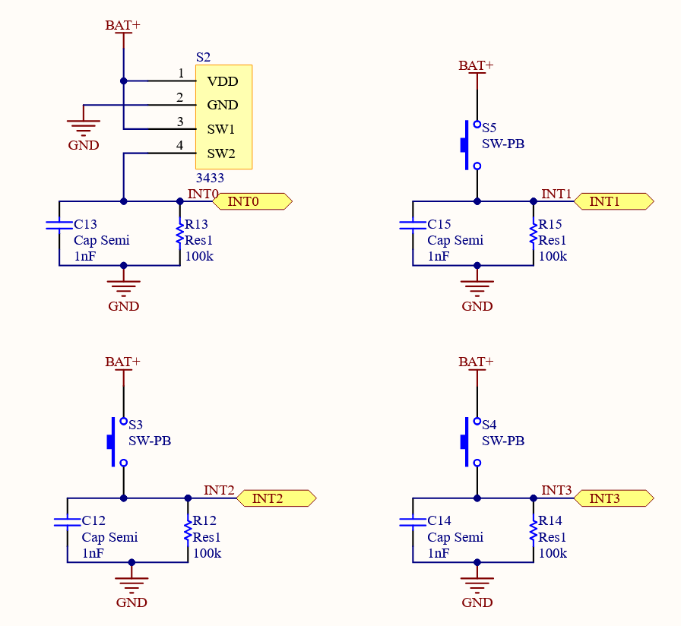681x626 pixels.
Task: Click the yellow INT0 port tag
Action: (252, 201)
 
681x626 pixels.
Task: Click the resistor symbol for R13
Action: (180, 234)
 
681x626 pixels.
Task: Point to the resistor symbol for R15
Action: (534, 234)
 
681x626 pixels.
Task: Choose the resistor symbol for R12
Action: (188, 531)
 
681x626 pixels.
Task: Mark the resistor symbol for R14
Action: (534, 531)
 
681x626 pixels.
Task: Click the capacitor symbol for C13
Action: (59, 225)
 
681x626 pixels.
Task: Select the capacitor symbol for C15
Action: (413, 225)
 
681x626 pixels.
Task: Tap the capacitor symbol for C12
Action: (67, 522)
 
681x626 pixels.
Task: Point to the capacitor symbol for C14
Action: (413, 522)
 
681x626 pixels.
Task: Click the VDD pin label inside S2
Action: (223, 81)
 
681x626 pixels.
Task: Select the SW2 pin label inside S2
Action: (221, 153)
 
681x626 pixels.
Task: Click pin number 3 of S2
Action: (180, 122)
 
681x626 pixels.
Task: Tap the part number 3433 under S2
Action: (210, 178)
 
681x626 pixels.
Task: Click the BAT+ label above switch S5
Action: (476, 65)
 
